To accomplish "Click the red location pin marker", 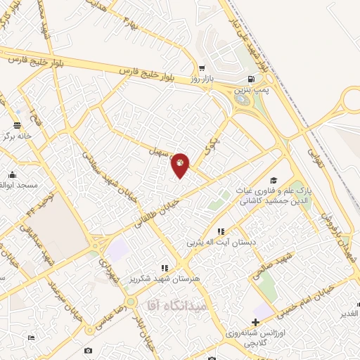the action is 181,165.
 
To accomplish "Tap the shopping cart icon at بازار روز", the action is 202,69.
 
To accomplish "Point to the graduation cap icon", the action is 274,180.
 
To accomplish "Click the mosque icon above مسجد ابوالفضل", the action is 12,174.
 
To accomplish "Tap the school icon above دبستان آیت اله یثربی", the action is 221,231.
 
